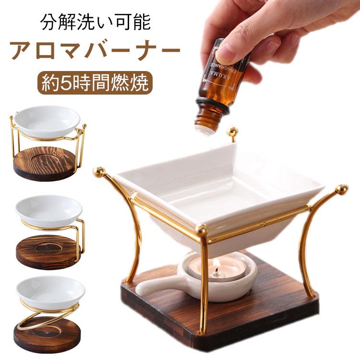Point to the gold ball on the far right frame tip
(x=342, y=188)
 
